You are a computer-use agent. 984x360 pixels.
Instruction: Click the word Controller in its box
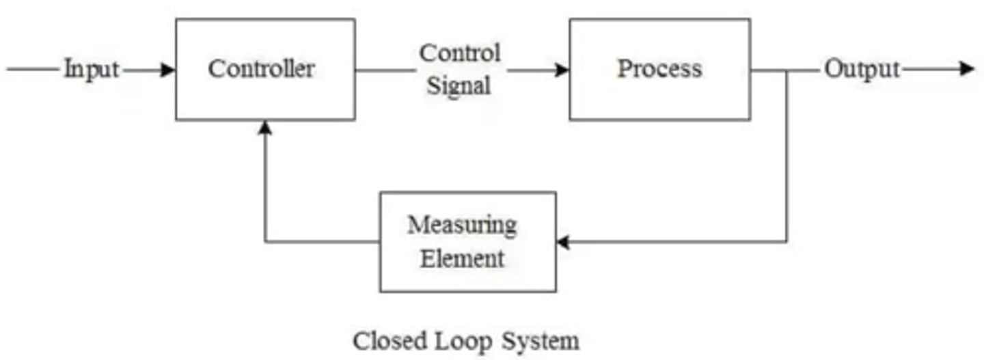point(262,69)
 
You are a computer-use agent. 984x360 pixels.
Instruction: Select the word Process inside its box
point(659,68)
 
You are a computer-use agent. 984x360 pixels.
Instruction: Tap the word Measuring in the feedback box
point(462,225)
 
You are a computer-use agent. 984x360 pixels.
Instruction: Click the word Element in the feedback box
point(462,259)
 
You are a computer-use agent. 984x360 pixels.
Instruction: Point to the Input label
point(92,70)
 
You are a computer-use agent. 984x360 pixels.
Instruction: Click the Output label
point(862,69)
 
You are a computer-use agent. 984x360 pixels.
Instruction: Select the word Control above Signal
point(460,53)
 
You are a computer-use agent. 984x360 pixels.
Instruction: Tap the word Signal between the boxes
point(459,86)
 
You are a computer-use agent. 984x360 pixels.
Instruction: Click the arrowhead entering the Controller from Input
point(168,70)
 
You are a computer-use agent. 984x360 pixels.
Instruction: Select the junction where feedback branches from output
point(787,70)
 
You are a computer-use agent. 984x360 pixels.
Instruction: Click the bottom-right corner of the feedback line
point(787,242)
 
